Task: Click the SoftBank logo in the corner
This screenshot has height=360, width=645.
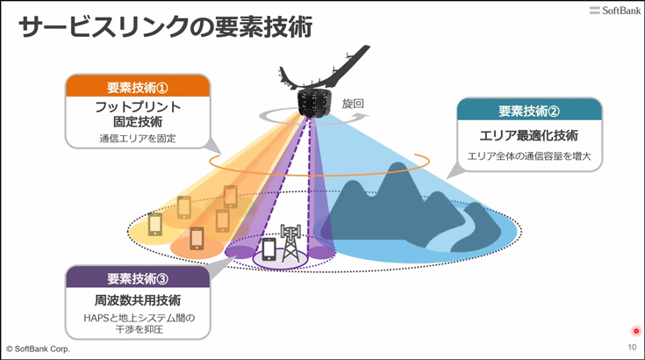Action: (614, 11)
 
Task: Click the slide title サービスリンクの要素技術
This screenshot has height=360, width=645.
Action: (165, 27)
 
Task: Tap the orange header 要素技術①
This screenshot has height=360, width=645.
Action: (138, 87)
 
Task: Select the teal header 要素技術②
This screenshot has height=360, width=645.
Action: (529, 111)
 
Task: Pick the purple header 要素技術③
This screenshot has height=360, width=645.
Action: (138, 278)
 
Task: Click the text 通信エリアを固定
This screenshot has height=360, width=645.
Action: (138, 138)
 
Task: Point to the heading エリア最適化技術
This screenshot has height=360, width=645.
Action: (529, 135)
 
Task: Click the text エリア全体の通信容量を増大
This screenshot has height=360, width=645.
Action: (529, 156)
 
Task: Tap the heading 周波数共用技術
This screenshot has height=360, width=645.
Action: (138, 300)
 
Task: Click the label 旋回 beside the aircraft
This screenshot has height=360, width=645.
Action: (353, 104)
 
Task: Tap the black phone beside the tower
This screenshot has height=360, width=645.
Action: (269, 248)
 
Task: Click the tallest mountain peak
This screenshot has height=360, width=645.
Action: (397, 165)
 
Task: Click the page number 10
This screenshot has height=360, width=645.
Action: (632, 347)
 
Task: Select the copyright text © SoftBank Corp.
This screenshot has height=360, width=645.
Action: (38, 349)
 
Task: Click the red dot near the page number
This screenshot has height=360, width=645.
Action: (636, 331)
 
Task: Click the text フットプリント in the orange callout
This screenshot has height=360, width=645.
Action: (138, 107)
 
